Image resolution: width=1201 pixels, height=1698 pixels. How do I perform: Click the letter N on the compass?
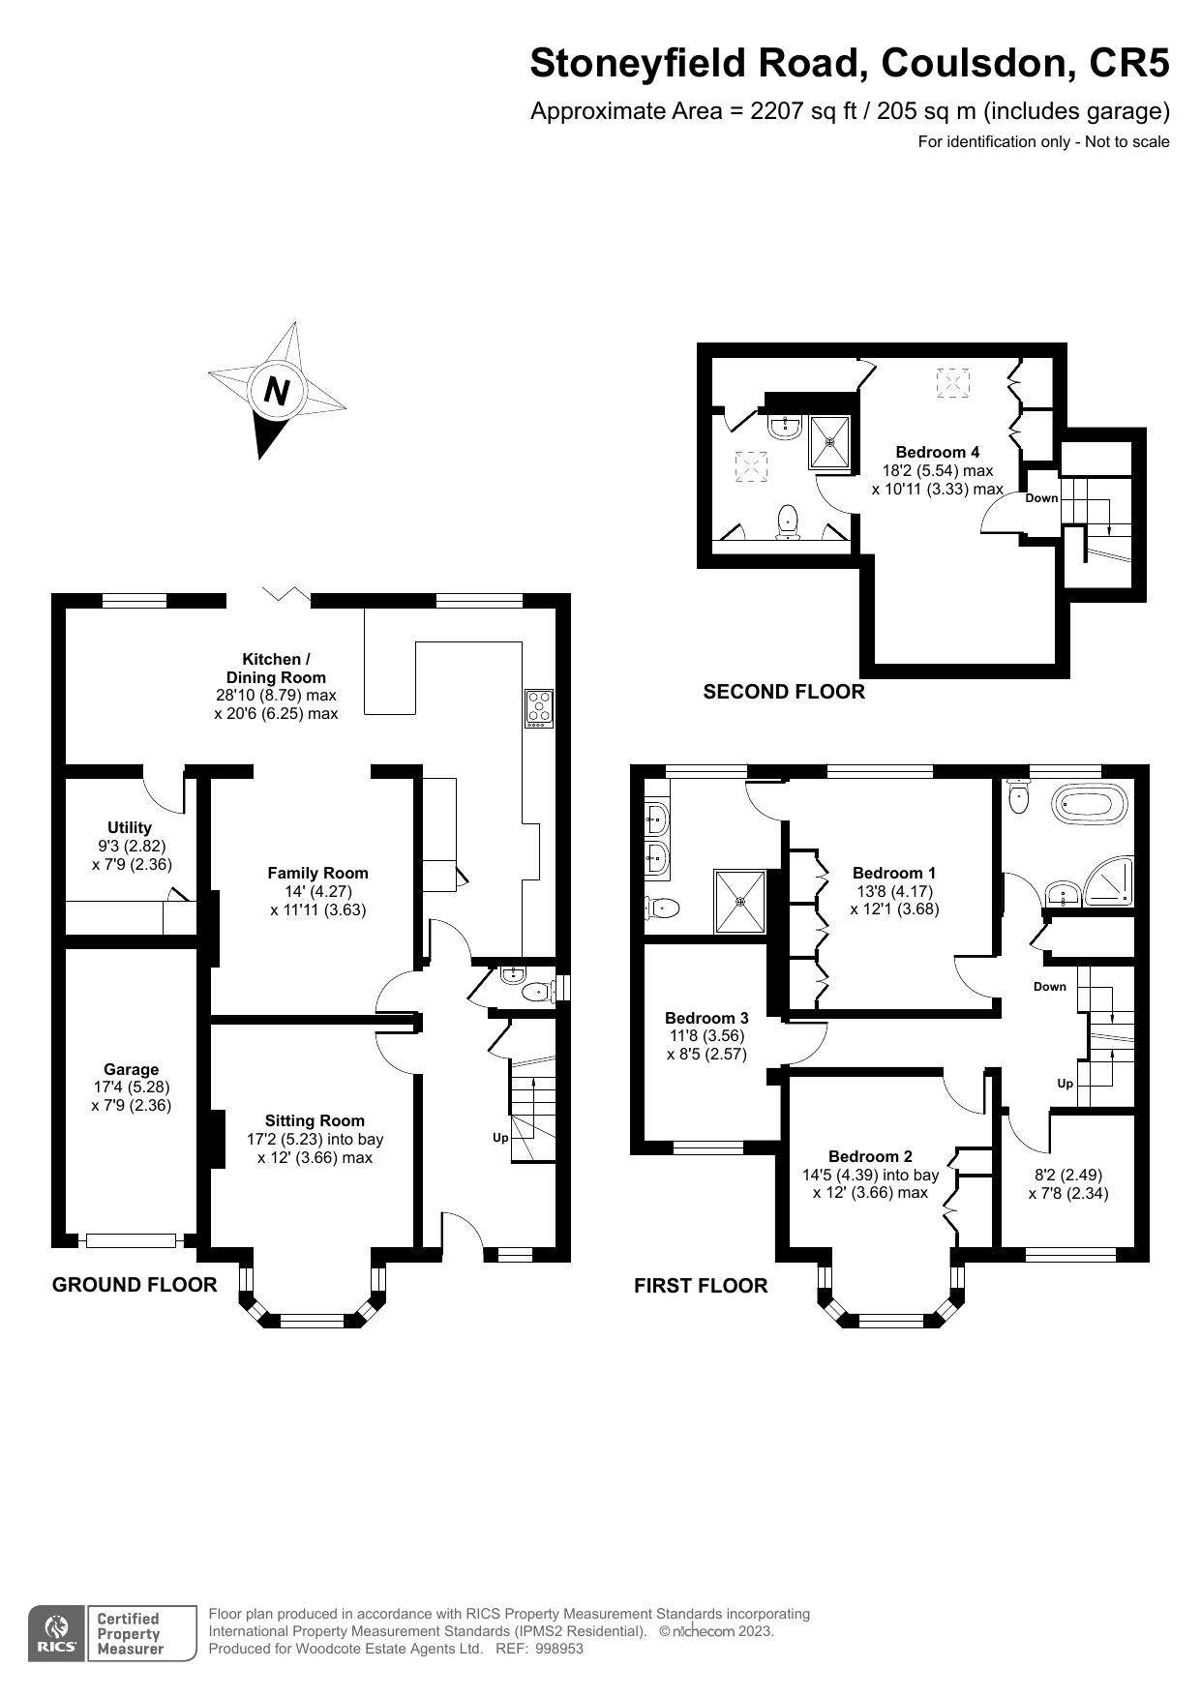277,391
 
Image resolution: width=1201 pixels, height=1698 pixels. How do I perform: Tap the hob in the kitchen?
539,707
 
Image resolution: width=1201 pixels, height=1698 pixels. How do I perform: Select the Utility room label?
130,827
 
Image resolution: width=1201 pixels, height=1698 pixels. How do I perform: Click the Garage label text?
132,1069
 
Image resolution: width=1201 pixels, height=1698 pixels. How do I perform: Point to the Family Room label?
317,873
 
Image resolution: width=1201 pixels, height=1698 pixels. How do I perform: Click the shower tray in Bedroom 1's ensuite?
740,902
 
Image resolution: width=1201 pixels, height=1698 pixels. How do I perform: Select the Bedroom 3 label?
706,1018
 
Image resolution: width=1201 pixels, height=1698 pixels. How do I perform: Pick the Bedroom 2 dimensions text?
870,1184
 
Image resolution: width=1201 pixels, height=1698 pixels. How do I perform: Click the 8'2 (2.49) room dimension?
1067,1175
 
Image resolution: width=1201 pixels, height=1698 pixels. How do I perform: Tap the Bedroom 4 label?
937,452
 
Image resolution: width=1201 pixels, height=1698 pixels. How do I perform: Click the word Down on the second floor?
1041,498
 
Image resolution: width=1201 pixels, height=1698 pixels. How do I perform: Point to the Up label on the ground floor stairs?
500,1138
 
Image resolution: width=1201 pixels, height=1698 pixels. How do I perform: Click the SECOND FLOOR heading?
783,692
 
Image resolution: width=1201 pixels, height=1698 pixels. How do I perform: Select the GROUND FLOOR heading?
134,1285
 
